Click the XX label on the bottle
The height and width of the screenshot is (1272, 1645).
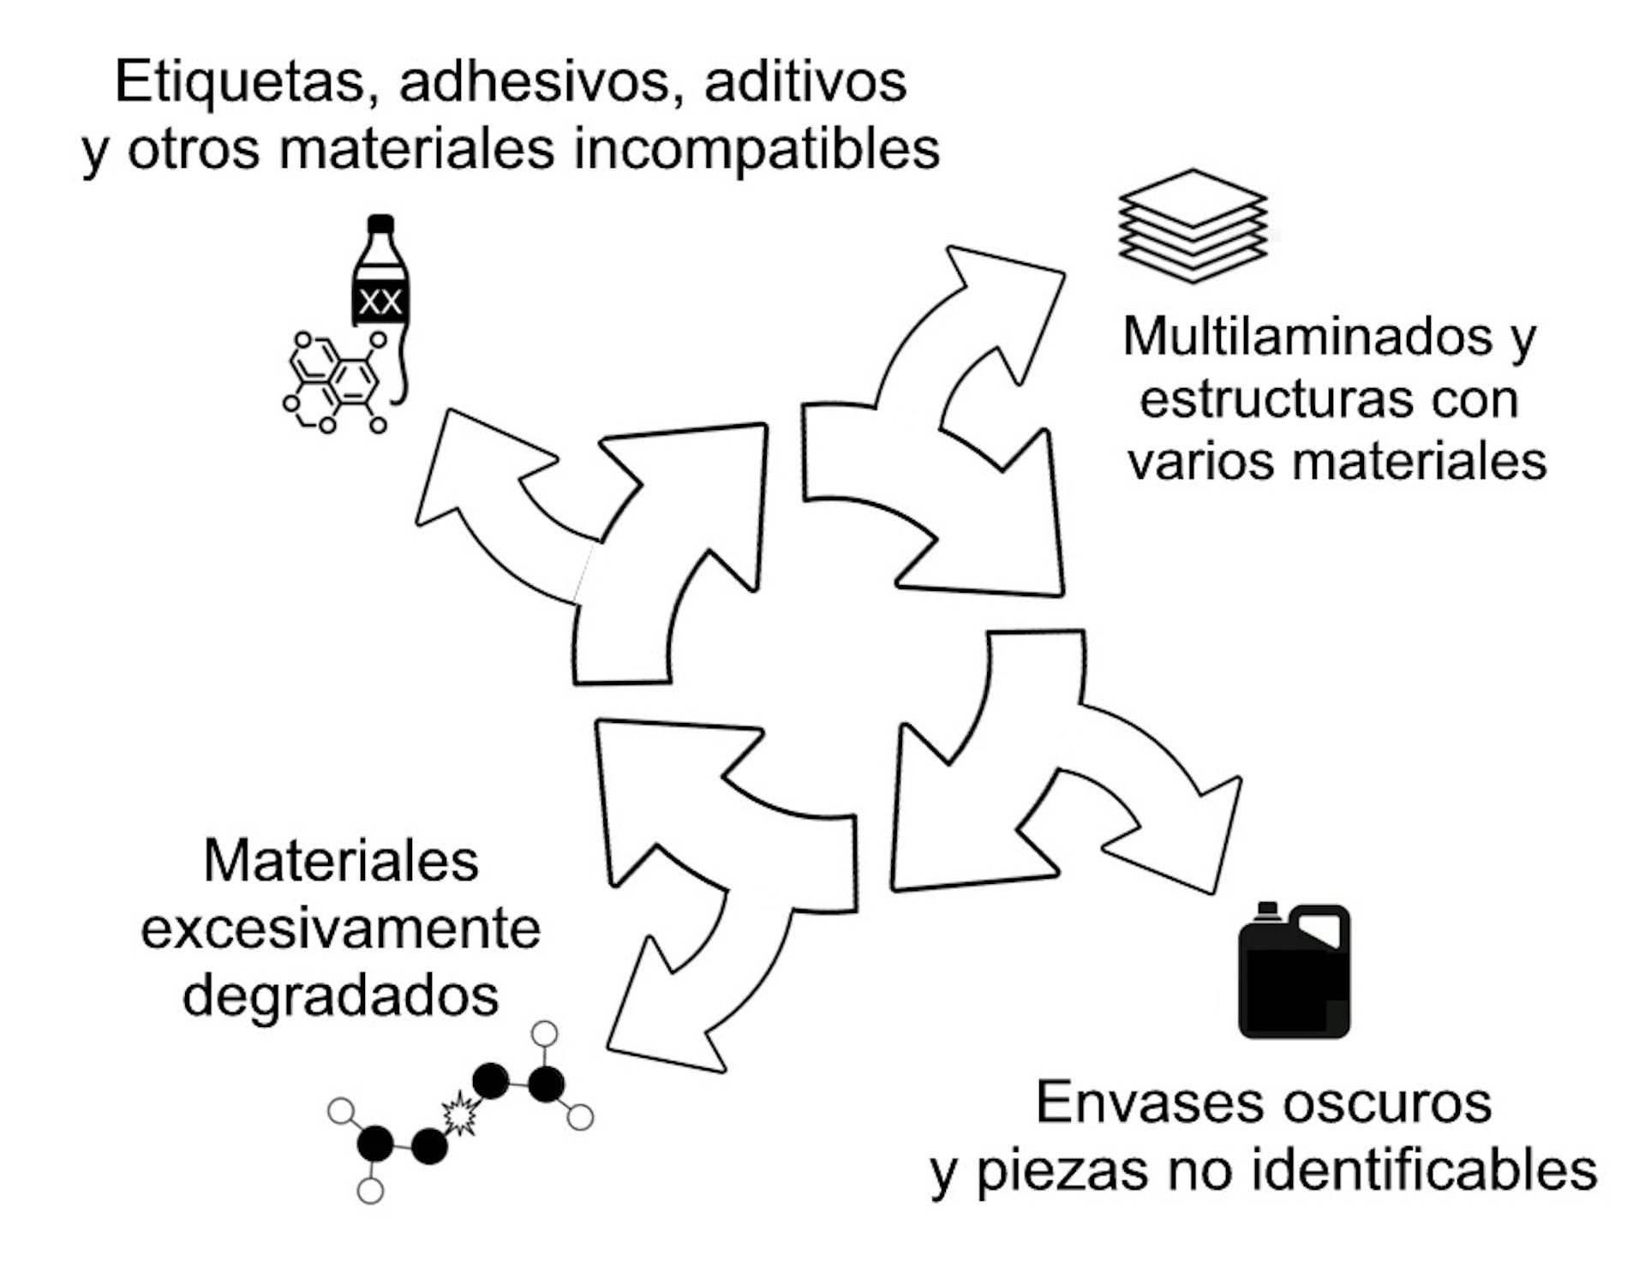380,302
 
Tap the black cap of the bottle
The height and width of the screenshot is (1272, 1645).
380,224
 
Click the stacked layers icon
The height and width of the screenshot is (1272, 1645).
1193,225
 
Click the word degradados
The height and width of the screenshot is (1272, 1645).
340,995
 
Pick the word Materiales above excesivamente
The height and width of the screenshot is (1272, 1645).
341,861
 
